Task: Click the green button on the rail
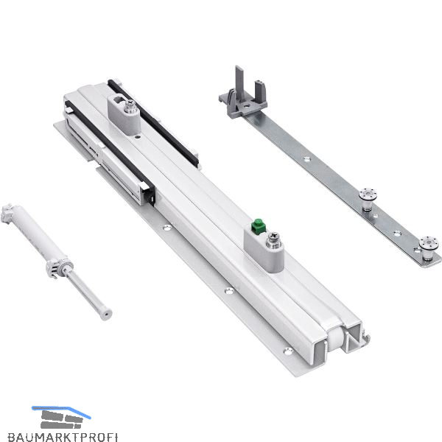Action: pos(259,225)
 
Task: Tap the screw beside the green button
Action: pos(273,240)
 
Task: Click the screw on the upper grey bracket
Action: pos(130,106)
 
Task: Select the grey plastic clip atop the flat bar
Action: pos(242,95)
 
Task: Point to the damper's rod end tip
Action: pos(106,315)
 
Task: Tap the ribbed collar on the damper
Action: pos(59,267)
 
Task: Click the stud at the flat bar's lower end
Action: pos(428,248)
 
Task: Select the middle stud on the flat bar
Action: pos(368,199)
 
